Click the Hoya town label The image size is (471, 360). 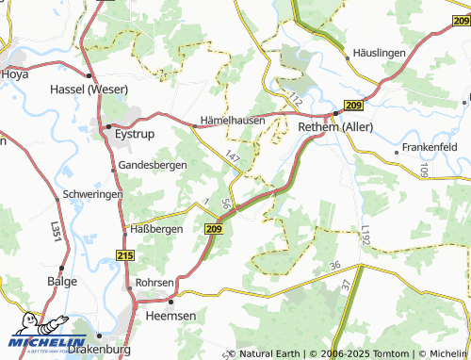[x=16, y=73]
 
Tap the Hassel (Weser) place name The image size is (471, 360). [x=87, y=90]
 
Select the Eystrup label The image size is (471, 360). [x=134, y=135]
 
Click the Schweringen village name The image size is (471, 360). [x=92, y=193]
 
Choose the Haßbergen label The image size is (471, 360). [x=156, y=228]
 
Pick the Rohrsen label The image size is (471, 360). [x=155, y=283]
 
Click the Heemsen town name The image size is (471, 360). [x=171, y=316]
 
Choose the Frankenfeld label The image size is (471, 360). [x=429, y=148]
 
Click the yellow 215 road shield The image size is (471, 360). [x=126, y=255]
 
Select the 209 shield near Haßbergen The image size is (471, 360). [x=213, y=228]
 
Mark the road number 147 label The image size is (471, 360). [x=233, y=153]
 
